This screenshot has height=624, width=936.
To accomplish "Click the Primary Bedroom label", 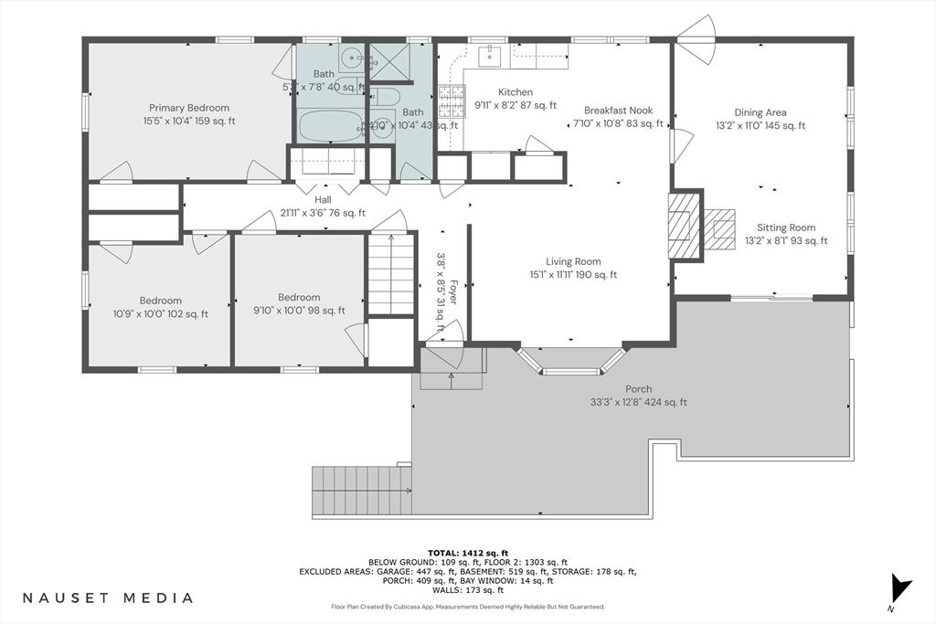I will click(189, 108).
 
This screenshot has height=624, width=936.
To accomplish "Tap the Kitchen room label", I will click(515, 92).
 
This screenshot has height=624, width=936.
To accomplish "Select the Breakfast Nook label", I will click(618, 110).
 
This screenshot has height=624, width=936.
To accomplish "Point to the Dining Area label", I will click(760, 113).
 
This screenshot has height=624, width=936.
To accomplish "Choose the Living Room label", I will click(573, 261).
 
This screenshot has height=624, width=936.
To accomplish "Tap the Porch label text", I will click(639, 389).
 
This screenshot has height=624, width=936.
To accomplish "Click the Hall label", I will click(297, 199).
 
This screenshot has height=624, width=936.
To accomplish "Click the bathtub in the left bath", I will click(332, 126).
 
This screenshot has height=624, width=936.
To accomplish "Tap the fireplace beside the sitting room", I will click(683, 225).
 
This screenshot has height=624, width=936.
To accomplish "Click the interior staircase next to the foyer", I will click(391, 274).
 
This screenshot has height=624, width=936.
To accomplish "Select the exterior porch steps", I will click(360, 492).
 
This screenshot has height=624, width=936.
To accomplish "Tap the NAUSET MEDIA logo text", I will click(107, 598).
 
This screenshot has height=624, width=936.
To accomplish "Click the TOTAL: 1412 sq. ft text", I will click(467, 552).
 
